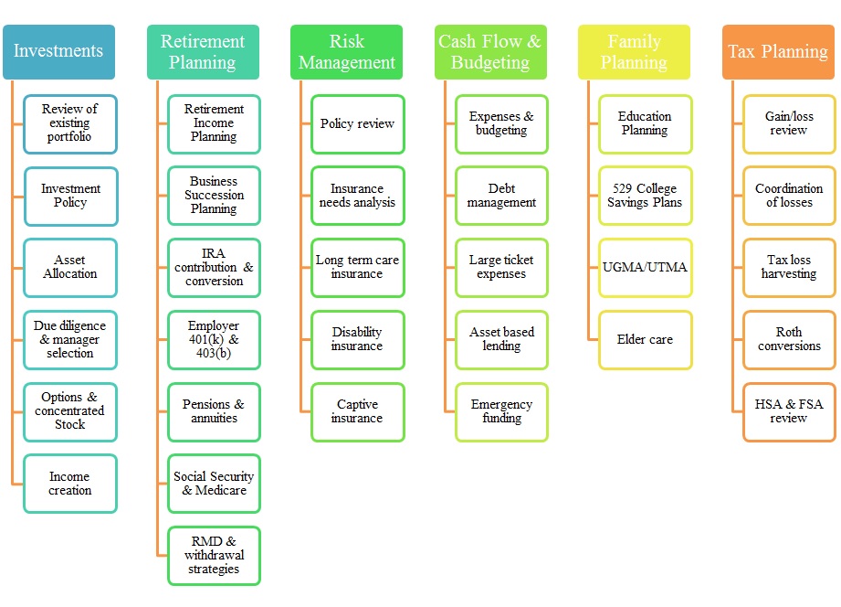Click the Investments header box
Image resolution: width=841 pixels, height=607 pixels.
coord(58,52)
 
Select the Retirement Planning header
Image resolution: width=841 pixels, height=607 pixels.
coord(203,52)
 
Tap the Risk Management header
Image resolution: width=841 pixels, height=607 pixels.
coord(347,52)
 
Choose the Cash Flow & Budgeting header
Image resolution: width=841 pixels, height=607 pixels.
coord(490,52)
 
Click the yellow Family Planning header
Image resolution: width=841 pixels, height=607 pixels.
coord(635,52)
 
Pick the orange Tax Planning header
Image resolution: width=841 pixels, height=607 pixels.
coord(779,52)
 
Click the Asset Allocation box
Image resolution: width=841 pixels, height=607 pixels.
coord(70,267)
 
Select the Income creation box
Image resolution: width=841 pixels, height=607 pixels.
coord(70,484)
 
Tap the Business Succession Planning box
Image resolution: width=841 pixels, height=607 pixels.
coord(214,196)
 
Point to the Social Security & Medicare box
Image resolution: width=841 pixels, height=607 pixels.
coord(214,484)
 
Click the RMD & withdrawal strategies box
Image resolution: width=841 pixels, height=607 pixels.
coord(214,555)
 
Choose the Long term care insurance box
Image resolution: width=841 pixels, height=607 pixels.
coord(357,267)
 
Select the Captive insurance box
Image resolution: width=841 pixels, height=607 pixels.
coord(357,411)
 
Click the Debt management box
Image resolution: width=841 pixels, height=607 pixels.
coord(501,196)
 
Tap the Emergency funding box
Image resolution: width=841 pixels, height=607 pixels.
coord(501,411)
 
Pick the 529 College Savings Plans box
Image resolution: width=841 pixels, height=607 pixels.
coord(645,196)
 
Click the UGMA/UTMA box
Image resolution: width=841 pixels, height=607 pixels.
coord(645,267)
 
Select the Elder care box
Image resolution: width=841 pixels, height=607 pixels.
coord(645,339)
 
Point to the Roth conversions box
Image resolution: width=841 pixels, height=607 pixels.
coord(789,339)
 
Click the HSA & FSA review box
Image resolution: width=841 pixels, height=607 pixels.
coord(789,411)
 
